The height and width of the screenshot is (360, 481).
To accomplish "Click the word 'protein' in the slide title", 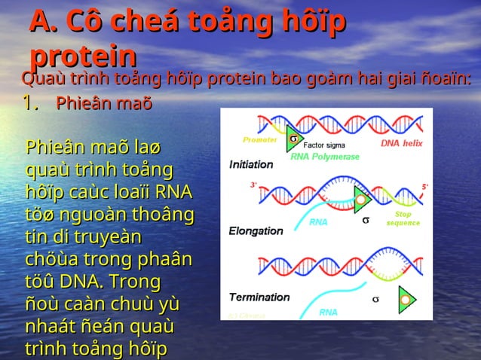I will coord(84,56).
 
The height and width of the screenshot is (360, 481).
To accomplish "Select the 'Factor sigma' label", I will coord(323,141).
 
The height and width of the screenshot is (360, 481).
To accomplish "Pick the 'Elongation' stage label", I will coord(256,230).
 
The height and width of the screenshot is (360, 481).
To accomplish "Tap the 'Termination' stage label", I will coord(259,297).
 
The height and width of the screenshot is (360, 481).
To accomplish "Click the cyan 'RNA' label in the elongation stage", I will coord(318,222).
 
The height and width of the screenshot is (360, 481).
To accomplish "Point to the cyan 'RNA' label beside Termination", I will coord(328,311).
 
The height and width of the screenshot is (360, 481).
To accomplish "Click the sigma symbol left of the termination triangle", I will coord(375,299).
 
